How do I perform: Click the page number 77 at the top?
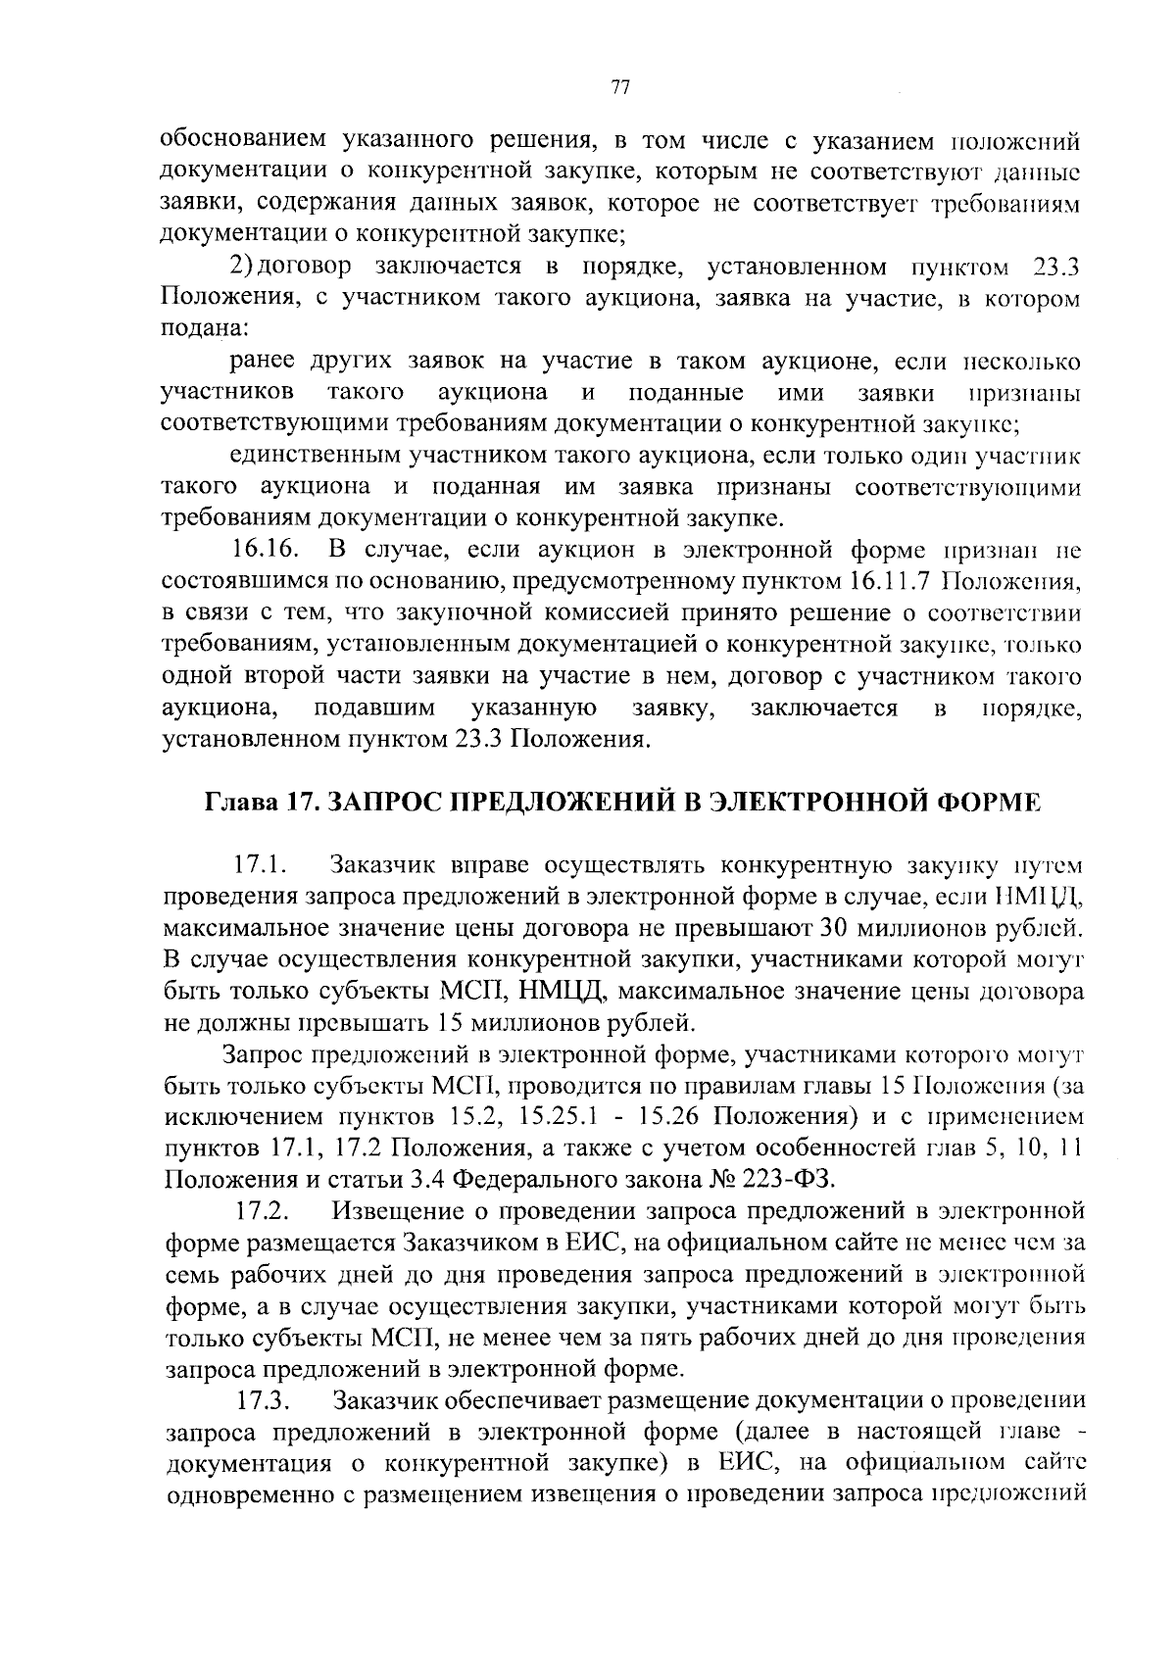tap(618, 87)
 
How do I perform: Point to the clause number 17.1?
tap(259, 865)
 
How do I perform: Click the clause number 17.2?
tap(260, 1211)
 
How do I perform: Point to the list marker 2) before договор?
tap(242, 267)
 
